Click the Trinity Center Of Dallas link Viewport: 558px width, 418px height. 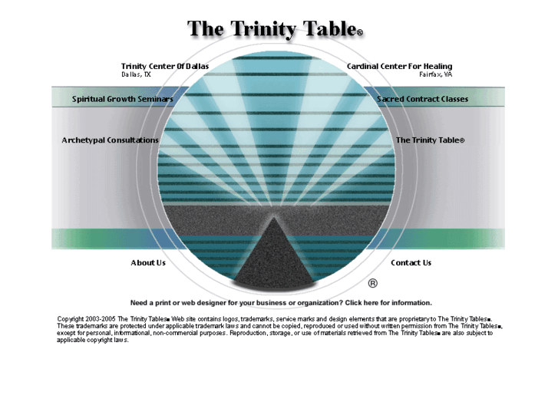pos(164,67)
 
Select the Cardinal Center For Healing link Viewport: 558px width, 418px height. pos(399,67)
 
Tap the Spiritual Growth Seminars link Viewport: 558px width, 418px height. pos(122,99)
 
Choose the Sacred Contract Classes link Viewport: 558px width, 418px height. pos(422,99)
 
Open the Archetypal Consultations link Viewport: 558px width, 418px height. pos(110,140)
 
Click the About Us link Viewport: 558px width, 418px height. pos(148,263)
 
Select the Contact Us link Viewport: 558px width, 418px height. pos(411,263)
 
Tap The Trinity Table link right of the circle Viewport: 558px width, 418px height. pos(429,140)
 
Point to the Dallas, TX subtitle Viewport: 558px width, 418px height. pos(136,75)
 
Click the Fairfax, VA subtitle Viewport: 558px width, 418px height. pos(435,75)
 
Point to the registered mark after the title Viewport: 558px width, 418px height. pos(359,33)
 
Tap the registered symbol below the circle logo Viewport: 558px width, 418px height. pos(373,282)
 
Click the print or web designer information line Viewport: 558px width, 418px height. pos(281,303)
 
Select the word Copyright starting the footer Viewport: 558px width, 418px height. pos(71,318)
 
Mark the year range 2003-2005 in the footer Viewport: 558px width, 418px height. pos(101,318)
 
